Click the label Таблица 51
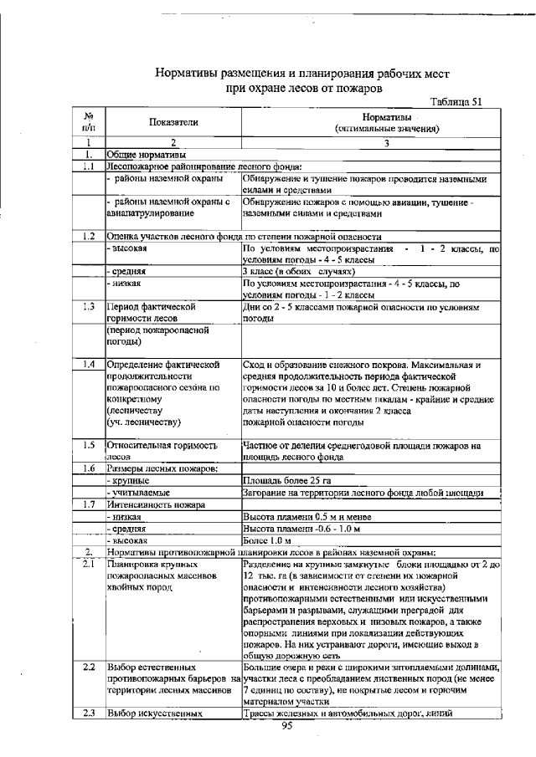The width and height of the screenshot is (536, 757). coord(456,102)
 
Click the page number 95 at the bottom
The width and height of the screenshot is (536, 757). coord(285,726)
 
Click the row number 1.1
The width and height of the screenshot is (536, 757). coord(88,166)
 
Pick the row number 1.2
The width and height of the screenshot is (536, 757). coord(88,237)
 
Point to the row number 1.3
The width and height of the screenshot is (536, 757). coord(88,308)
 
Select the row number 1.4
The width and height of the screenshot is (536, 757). coord(88,365)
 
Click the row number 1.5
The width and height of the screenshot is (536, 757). coord(88,445)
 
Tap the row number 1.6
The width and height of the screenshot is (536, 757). coord(88,468)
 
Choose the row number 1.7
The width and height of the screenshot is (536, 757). coord(88,504)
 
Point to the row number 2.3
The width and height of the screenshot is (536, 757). coord(88,714)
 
